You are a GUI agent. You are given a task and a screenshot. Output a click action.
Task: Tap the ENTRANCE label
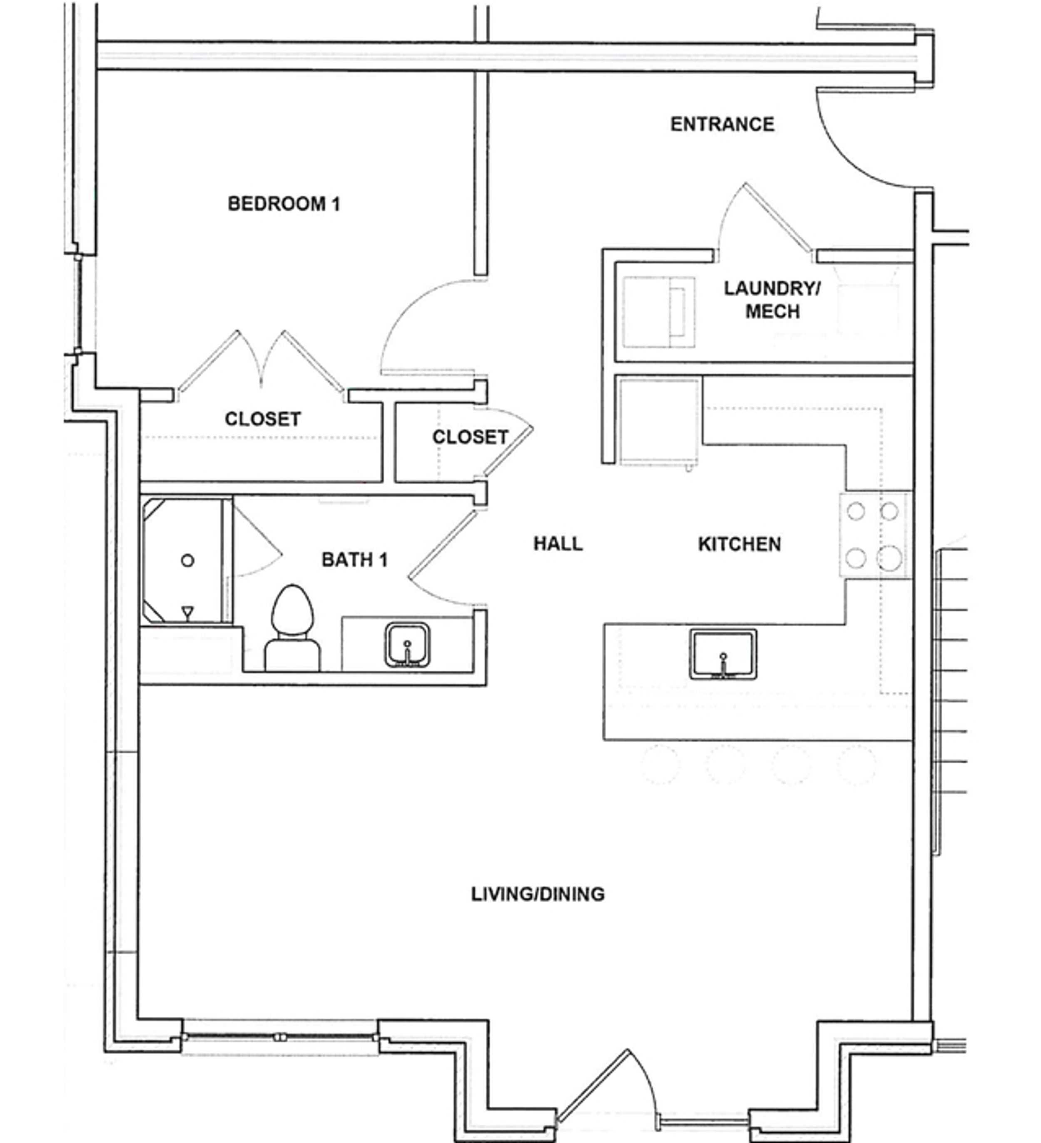tap(722, 124)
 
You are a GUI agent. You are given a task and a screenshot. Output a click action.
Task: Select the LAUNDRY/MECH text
tap(772, 300)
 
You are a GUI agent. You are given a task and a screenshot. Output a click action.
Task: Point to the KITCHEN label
tap(739, 544)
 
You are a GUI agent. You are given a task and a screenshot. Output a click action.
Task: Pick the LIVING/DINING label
tap(538, 894)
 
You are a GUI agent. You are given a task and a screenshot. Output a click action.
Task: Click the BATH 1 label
tap(355, 560)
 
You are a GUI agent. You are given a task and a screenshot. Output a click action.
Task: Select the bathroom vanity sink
tap(407, 645)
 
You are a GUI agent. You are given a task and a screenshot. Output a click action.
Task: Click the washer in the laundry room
tap(658, 313)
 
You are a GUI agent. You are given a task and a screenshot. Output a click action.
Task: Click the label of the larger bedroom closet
tap(262, 419)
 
